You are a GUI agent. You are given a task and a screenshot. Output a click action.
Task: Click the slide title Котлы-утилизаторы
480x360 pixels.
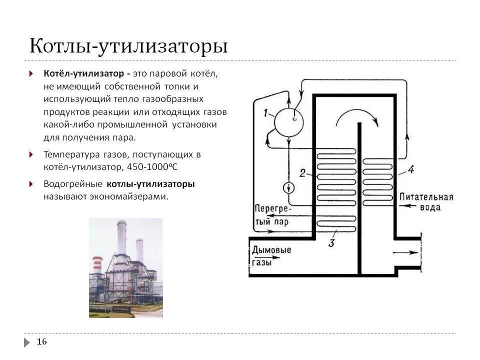tap(128, 46)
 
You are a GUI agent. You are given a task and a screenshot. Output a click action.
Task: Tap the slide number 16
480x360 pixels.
tap(42, 341)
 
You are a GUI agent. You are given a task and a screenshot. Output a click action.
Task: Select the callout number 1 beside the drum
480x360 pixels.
tap(266, 113)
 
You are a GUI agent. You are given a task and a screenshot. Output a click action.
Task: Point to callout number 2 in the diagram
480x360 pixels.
tap(302, 173)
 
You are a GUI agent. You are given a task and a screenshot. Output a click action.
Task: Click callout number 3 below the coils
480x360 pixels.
tap(331, 243)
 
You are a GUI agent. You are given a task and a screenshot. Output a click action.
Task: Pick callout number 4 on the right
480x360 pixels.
tap(410, 169)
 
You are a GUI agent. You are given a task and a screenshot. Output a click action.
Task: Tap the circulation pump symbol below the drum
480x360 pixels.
tap(289, 188)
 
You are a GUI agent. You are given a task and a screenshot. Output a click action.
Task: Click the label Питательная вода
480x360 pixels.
tap(426, 201)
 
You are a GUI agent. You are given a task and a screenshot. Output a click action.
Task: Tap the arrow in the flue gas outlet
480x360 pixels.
tap(402, 253)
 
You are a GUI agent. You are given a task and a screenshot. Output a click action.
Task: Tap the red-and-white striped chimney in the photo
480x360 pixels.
tap(97, 265)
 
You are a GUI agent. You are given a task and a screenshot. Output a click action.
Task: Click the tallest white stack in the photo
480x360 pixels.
tap(121, 239)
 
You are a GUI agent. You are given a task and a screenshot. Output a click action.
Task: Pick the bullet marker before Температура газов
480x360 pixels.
tap(31, 154)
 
